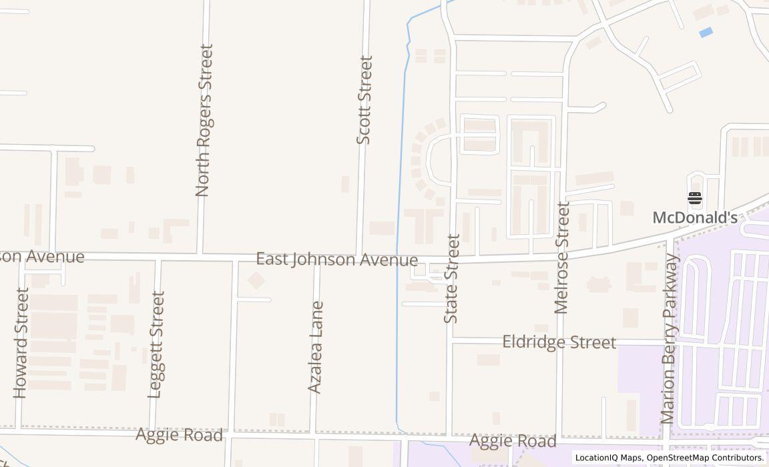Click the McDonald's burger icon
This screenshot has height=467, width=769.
pos(695,197)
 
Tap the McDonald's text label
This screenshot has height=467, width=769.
pos(694,217)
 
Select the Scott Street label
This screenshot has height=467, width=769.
pos(364,100)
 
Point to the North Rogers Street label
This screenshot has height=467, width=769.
pos(204,120)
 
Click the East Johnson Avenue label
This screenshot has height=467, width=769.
pos(337,260)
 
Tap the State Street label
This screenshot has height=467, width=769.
pos(452,279)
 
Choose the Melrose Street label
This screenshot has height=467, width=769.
pos(562,258)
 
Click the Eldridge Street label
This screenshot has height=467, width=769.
pos(559,342)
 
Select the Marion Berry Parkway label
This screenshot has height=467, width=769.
pos(669,339)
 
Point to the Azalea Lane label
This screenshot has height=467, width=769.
pos(316,347)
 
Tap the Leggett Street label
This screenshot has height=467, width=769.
pos(156,344)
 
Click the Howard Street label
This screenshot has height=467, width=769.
pos(21,343)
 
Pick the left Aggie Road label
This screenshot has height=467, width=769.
pos(179,436)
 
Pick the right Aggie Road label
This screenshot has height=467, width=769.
pos(513,441)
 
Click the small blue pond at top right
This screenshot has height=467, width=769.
pos(706,32)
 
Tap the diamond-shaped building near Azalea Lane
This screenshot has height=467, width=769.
pos(256,280)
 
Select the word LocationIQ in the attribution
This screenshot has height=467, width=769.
pos(597,458)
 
